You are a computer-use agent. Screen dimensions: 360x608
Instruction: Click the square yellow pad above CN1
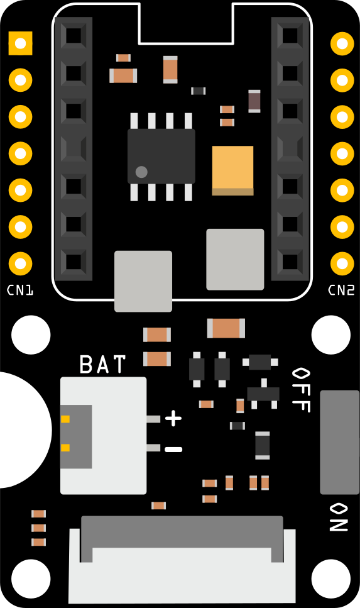(x=20, y=43)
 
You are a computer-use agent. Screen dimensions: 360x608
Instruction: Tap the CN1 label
(x=20, y=290)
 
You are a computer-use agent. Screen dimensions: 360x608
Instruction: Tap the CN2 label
(x=341, y=290)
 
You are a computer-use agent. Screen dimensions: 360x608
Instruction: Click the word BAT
(x=102, y=364)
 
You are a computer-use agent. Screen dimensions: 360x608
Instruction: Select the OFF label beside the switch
(x=301, y=390)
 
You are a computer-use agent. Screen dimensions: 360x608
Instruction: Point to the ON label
(x=339, y=517)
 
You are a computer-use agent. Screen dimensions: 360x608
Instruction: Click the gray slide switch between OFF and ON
(x=339, y=443)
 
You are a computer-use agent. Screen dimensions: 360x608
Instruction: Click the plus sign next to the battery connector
(x=173, y=418)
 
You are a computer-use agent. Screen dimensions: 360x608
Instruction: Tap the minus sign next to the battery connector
(x=173, y=450)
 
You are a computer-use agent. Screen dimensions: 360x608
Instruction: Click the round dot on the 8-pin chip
(x=141, y=172)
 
